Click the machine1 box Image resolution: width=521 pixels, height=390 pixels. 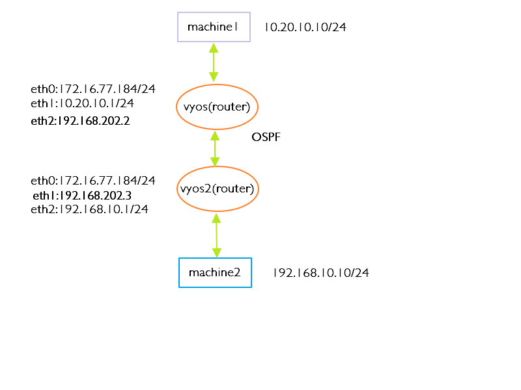coord(214,27)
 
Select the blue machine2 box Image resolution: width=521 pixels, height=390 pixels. coord(215,272)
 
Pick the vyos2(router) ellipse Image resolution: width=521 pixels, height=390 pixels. coord(218,189)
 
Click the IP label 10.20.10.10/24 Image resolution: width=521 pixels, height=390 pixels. coord(305,27)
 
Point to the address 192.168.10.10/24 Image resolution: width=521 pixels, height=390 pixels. coord(320,273)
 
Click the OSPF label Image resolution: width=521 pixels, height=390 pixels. coord(266,138)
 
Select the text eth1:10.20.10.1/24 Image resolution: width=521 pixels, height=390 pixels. coord(82,103)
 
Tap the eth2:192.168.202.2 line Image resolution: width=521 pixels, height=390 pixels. coord(80,121)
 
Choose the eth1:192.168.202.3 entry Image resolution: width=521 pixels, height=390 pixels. coord(82,195)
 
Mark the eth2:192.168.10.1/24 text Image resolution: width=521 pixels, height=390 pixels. coord(89,209)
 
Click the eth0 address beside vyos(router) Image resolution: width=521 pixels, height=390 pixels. coord(93,89)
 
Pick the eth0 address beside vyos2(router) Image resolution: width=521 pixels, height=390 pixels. coord(93,180)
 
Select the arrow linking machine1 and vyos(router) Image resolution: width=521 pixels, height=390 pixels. coord(214,62)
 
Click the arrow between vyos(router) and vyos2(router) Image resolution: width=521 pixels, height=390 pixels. coord(214,148)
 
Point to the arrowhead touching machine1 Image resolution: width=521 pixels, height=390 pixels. coord(214,47)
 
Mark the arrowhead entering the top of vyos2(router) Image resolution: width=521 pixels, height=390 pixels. coord(215,162)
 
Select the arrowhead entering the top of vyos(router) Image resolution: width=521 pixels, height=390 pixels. coord(214,77)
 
